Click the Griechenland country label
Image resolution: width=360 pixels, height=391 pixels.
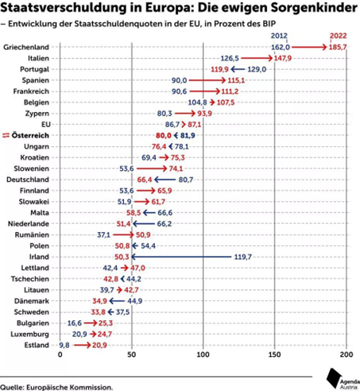26,47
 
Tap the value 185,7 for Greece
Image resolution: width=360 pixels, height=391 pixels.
338,47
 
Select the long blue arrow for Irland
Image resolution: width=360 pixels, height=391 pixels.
181,257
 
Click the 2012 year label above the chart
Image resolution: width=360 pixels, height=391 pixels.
279,36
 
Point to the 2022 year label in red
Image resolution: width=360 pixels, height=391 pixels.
339,36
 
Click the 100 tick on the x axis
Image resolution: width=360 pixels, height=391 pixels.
203,354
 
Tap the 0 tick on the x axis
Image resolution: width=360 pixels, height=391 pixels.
60,354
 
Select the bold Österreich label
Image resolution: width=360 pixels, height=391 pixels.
30,135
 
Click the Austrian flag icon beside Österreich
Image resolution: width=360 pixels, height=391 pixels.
6,135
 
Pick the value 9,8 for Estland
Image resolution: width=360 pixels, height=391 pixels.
64,345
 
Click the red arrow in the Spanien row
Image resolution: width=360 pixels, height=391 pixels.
207,80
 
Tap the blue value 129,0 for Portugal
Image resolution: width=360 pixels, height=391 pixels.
257,69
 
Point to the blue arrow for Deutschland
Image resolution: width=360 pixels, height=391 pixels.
165,180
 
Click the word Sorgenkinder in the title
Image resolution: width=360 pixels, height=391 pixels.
314,8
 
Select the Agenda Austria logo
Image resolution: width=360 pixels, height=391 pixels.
343,379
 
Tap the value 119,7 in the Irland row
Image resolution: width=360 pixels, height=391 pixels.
242,257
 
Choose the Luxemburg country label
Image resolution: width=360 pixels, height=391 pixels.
29,335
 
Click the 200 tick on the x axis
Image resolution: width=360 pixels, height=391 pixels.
346,354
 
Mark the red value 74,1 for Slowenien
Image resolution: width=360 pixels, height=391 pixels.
176,168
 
